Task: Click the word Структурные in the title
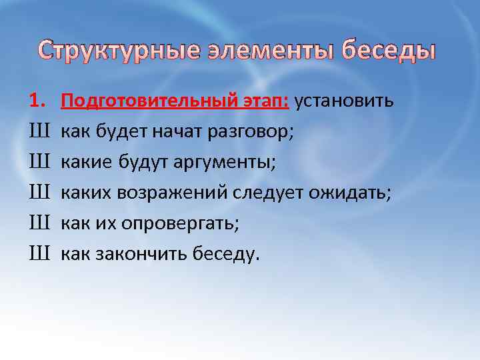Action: point(117,51)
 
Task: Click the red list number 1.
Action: point(36,101)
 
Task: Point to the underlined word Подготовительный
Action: point(148,101)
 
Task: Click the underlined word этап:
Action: point(264,101)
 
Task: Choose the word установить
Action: point(344,101)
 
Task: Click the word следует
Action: point(267,193)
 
